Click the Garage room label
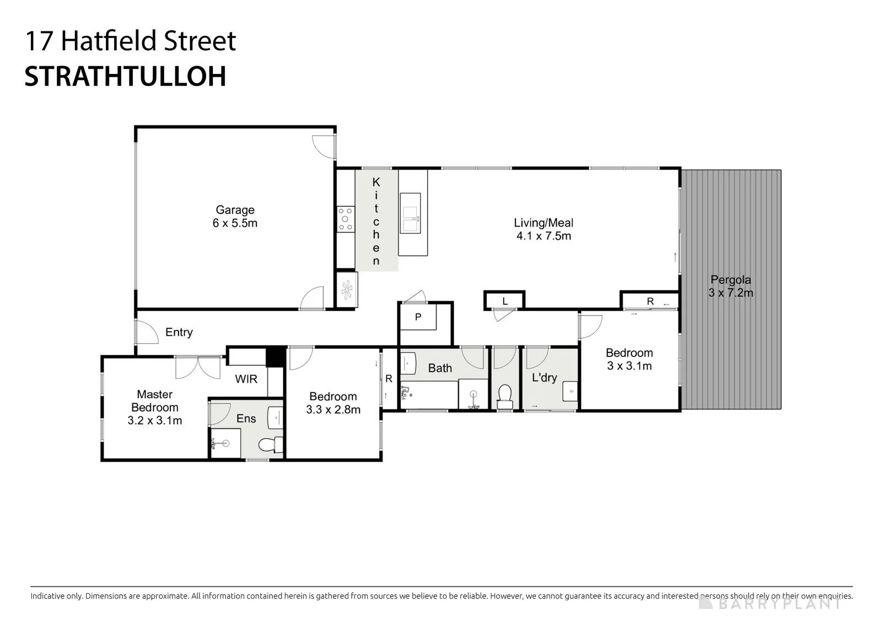[235, 216]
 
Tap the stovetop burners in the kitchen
[345, 219]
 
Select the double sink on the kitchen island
[410, 214]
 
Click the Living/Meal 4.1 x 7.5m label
[544, 229]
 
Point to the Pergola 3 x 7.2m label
[731, 286]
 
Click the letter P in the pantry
[418, 317]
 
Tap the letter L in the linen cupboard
[505, 302]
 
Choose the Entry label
[179, 332]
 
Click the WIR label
[246, 379]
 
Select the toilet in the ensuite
[271, 445]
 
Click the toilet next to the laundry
[505, 397]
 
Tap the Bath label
[440, 368]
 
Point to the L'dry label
[545, 377]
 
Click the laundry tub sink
[570, 391]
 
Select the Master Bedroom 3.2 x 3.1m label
[155, 407]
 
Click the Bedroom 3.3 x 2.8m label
[333, 403]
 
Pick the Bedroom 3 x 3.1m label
[629, 359]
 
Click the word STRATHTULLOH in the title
[126, 76]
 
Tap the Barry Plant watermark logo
[770, 603]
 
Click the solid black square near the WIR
[275, 357]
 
